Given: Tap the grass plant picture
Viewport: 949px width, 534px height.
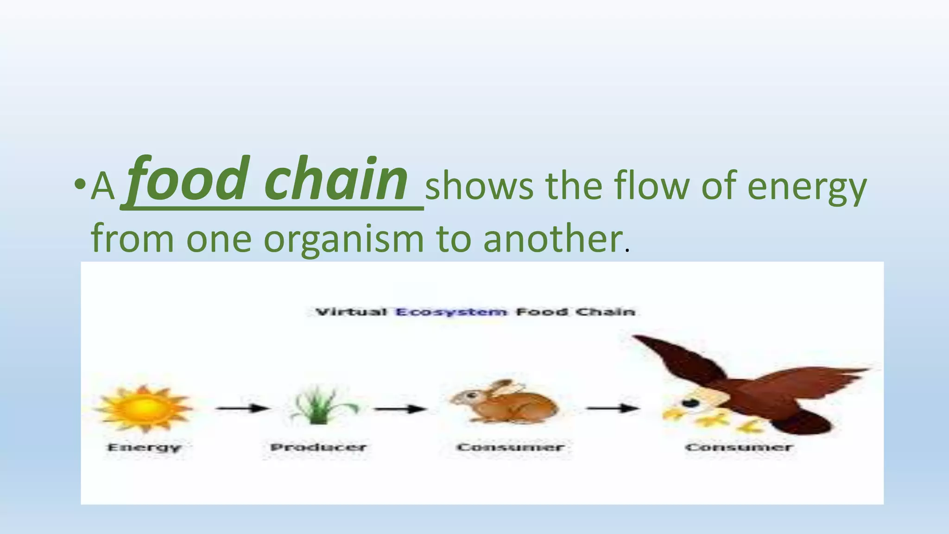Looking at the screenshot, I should (320, 406).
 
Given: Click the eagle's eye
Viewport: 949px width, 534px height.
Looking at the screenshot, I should (691, 402).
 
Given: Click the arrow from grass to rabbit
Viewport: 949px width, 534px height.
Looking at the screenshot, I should (400, 409).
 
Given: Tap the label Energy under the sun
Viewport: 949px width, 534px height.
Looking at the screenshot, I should (144, 448).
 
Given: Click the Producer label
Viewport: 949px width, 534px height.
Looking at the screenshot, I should (319, 447).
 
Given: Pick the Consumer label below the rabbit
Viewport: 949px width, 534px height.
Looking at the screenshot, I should (510, 447).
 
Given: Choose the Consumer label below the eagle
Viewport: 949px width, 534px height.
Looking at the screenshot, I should (739, 447).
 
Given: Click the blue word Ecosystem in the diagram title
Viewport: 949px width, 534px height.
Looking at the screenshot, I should (451, 312).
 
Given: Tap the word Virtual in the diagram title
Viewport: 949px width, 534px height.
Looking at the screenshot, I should (351, 312).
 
